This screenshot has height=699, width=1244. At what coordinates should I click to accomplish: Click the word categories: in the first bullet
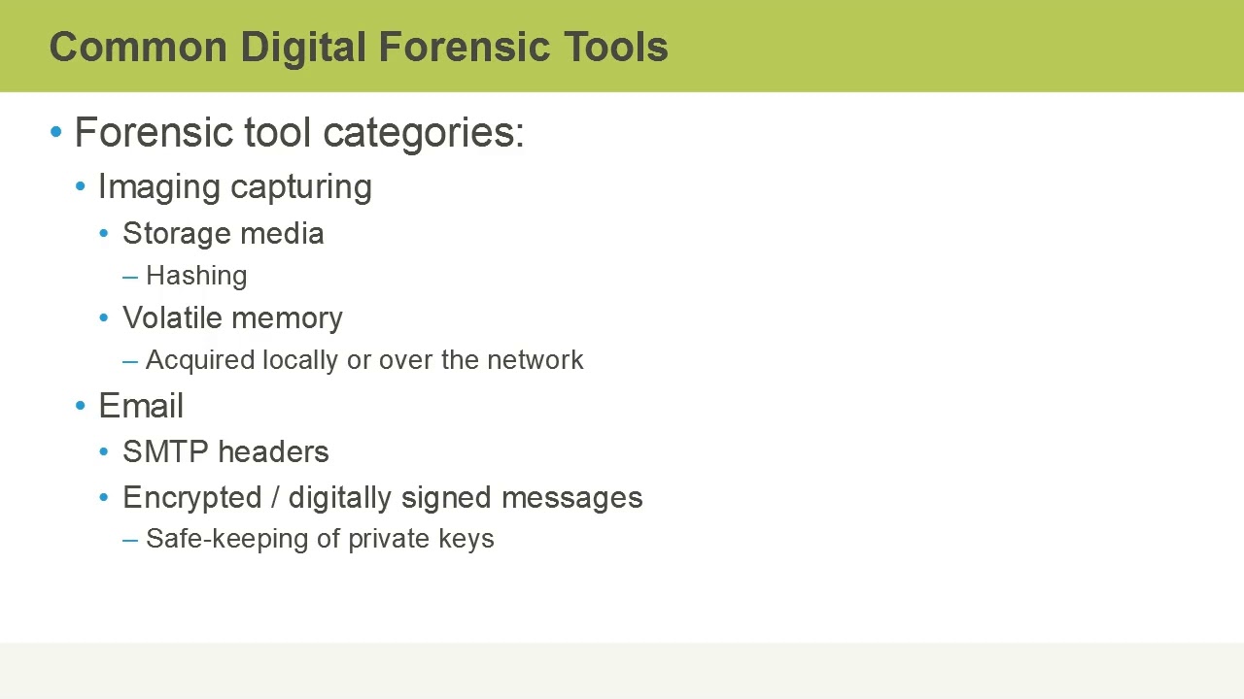coord(424,133)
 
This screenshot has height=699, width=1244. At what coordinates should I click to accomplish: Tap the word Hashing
coord(196,276)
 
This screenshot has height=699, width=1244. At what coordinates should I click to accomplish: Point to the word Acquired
coord(199,360)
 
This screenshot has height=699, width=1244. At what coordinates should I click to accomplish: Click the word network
coord(535,360)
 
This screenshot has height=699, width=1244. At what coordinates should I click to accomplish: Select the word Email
coord(141,406)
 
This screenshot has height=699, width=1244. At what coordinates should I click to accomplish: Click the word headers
coord(273,452)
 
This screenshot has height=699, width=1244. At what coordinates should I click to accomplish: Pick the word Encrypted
coord(192,498)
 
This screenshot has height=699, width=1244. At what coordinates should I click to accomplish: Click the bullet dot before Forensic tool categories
coord(56,132)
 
